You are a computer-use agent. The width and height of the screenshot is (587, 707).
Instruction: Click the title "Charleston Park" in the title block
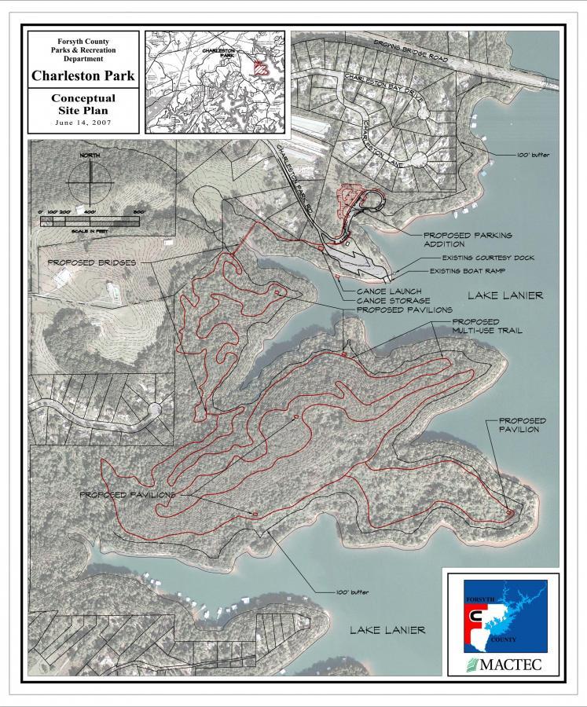coord(83,76)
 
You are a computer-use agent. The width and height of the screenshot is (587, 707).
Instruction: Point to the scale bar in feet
coord(90,222)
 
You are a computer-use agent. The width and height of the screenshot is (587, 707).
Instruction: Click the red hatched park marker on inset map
coord(262,67)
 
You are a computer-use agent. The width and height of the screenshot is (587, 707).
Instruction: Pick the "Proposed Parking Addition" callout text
coord(468,239)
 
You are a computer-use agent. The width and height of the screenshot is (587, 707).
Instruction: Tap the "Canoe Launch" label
coord(382,291)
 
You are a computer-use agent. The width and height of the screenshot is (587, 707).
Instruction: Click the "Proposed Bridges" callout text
coord(92,262)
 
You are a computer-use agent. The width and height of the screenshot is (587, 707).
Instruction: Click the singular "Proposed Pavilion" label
coord(522,425)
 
